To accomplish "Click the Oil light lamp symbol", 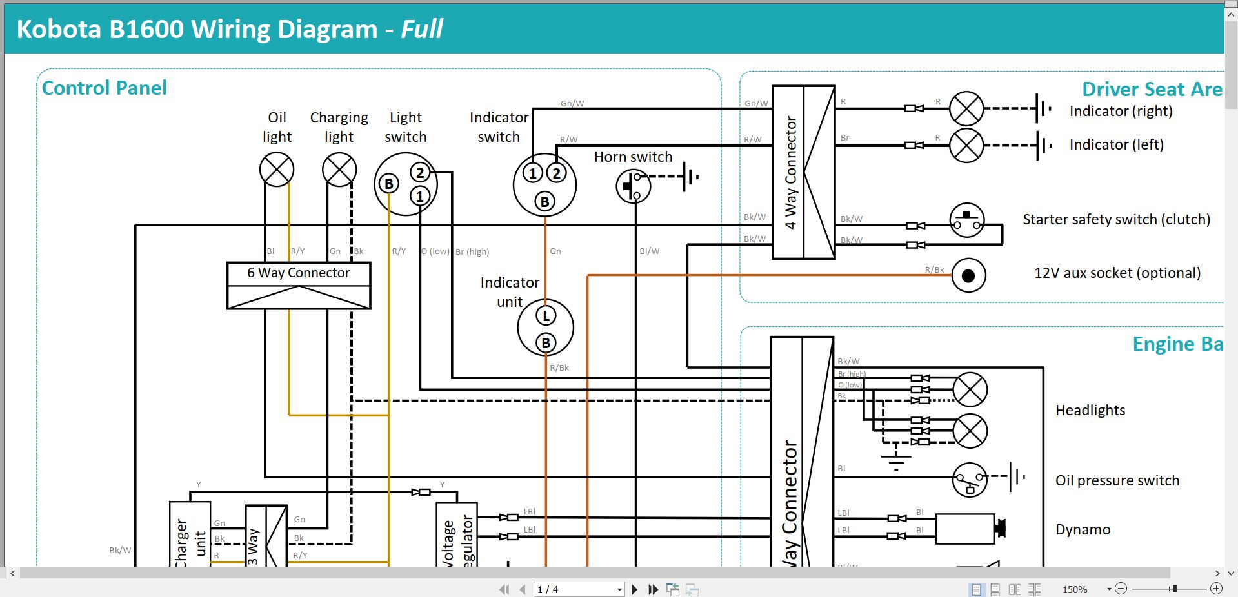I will coord(277,170).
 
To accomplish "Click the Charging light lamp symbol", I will coord(339,170).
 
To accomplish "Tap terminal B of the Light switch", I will coord(388,184).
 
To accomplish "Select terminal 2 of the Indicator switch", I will coord(556,173).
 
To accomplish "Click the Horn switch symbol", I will coord(633,186).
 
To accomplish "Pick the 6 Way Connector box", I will coord(299,285).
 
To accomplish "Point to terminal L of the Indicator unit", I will coord(546,316).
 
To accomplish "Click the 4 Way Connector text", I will coord(790,172).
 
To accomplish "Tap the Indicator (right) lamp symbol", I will coord(966,108).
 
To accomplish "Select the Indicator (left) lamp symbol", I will coord(966,145).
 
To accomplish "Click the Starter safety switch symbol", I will coord(967,220).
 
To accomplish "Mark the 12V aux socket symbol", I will coord(968,276).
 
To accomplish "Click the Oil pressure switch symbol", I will coord(970,480).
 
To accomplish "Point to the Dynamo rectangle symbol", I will coord(965,529).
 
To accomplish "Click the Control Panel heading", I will coord(104,88).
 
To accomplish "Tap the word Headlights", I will coord(1090,410).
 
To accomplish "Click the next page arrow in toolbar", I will coord(635,589).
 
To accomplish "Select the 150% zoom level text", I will coord(1075,589).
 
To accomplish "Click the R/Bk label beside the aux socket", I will coord(933,269).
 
